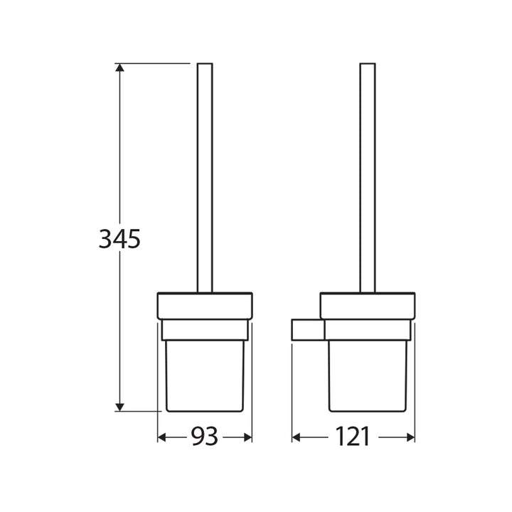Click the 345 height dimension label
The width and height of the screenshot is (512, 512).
[x=119, y=240]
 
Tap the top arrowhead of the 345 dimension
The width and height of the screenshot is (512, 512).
[x=120, y=68]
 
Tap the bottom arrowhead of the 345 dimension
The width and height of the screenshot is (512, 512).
[x=120, y=407]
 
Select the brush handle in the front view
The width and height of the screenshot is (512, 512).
[x=205, y=178]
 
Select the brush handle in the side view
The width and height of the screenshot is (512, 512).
[x=368, y=178]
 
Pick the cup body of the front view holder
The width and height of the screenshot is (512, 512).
[x=205, y=377]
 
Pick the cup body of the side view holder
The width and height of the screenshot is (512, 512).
[x=368, y=377]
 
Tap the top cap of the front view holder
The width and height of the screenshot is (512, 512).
[x=205, y=306]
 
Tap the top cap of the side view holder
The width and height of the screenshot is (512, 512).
[x=368, y=306]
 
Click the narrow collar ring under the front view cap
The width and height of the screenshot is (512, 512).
[x=205, y=330]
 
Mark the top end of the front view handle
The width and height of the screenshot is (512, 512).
[x=205, y=65]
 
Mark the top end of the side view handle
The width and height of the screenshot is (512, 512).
[x=368, y=65]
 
